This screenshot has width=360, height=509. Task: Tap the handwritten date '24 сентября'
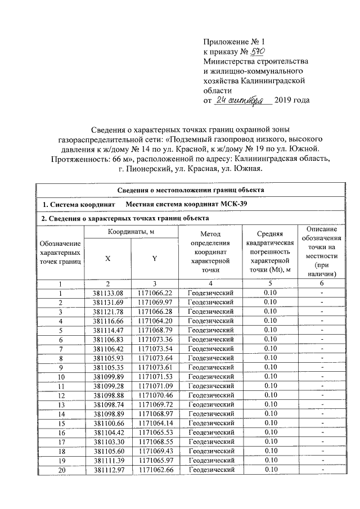tap(244, 101)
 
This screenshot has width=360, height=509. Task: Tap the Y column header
tap(154, 258)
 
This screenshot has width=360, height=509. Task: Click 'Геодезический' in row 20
tap(210, 470)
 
